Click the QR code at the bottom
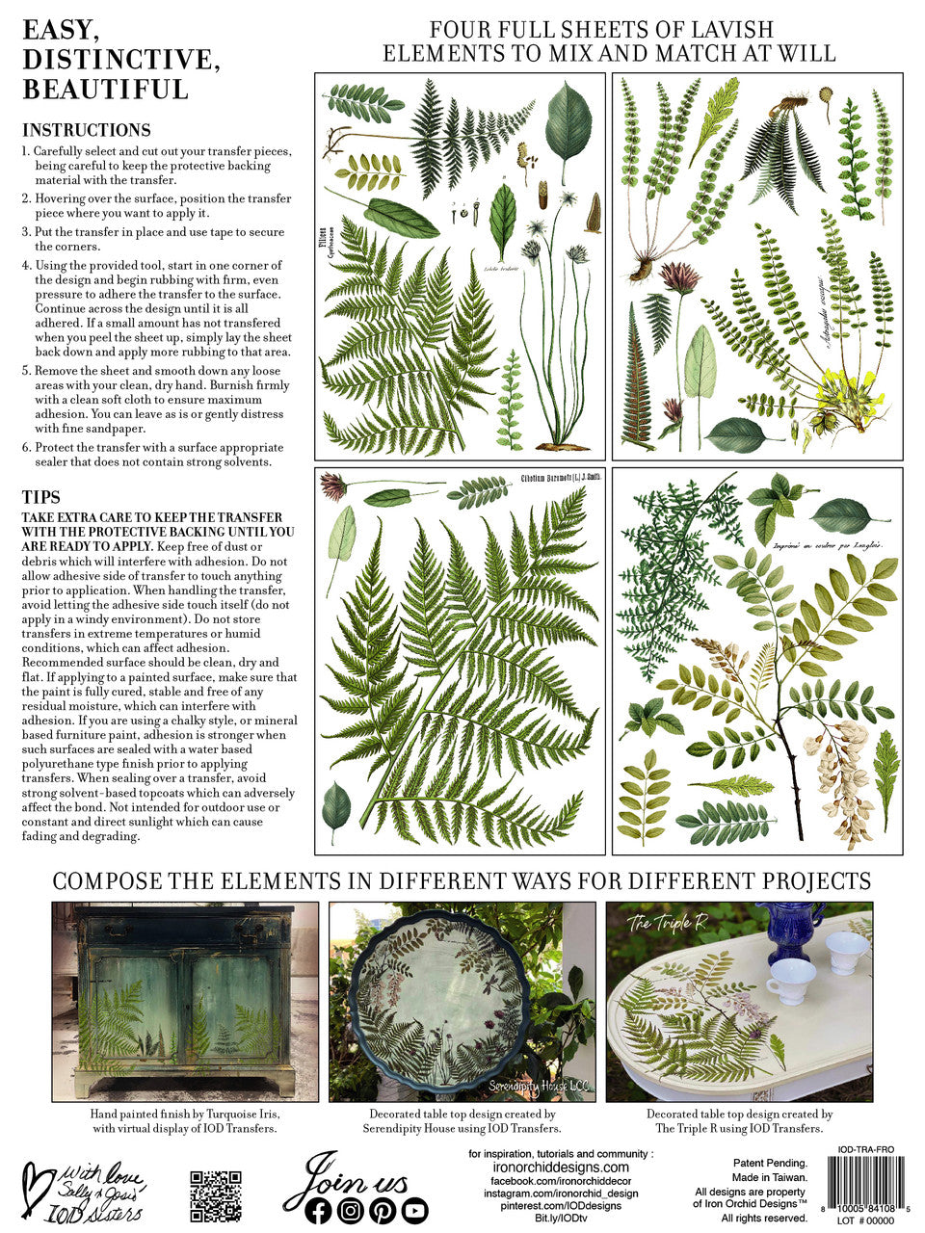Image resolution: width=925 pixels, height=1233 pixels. (215, 1195)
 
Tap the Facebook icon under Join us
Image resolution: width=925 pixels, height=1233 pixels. (319, 1210)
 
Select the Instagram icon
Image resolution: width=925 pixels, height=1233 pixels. (351, 1210)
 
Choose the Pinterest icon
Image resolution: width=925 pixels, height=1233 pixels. (383, 1210)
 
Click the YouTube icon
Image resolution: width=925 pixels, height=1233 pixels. (414, 1210)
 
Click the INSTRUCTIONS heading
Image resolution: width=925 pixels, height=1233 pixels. (87, 130)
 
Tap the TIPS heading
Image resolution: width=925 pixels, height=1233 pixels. (41, 497)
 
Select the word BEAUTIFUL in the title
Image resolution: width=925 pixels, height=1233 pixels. (105, 90)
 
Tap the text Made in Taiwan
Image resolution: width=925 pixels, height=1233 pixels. (770, 1177)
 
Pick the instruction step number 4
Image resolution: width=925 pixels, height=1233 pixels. (26, 265)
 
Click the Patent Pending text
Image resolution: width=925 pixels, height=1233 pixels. (770, 1164)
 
